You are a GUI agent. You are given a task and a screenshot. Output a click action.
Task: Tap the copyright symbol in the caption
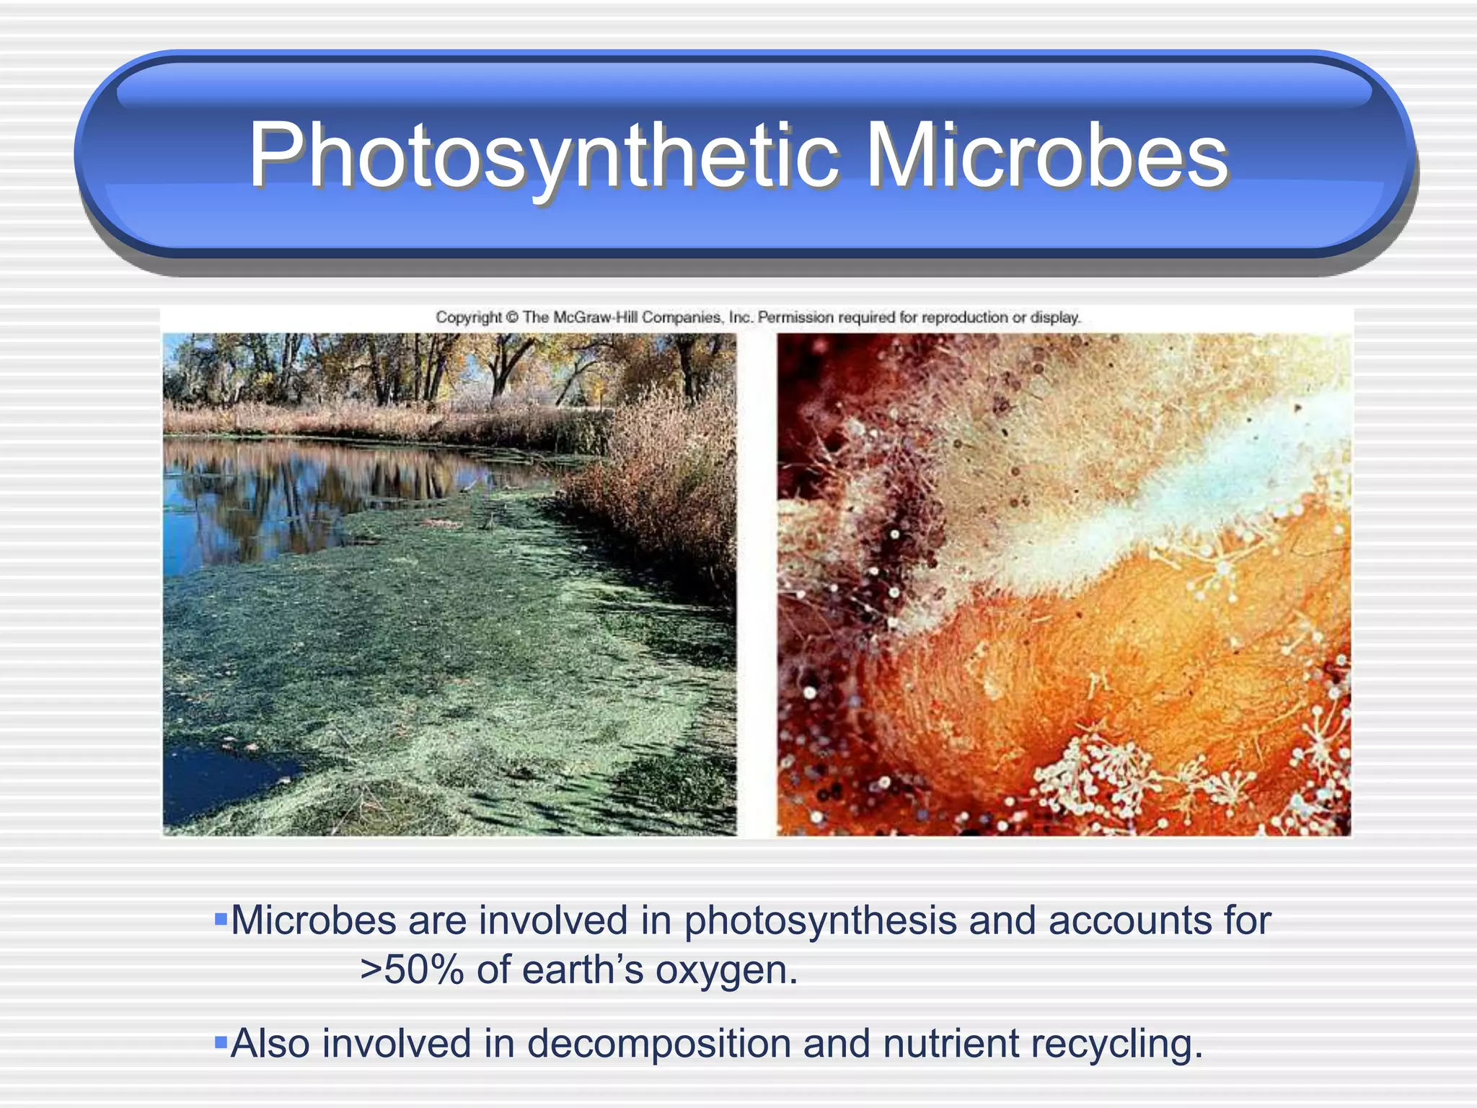[512, 317]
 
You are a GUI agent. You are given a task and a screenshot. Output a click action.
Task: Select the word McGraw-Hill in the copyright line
[596, 317]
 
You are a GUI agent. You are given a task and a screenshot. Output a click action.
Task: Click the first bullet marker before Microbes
[221, 920]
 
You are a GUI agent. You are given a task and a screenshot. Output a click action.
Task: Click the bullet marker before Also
[221, 1042]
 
